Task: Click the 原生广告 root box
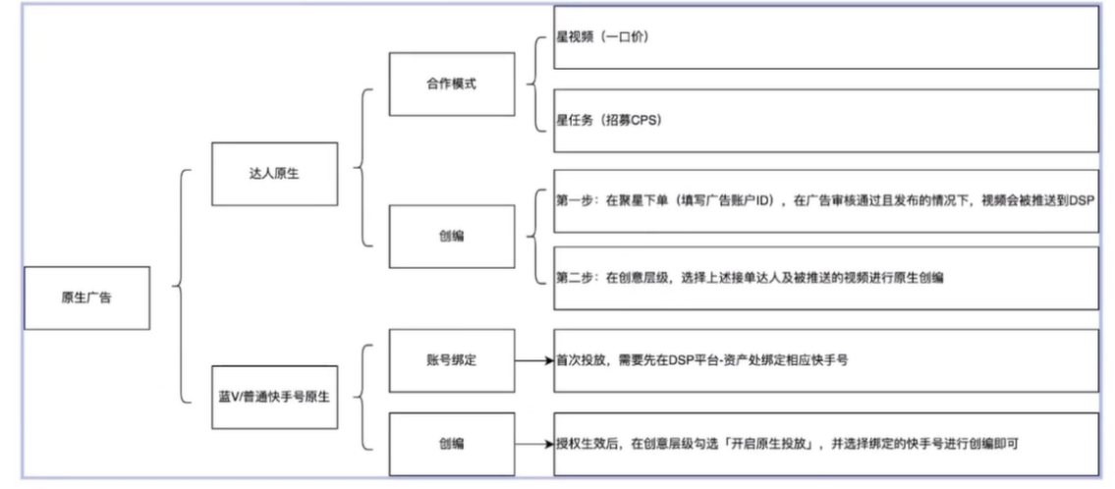point(86,298)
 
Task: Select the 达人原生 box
point(274,174)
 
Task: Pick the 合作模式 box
point(452,83)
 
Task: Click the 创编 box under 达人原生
point(452,237)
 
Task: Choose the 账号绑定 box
point(452,360)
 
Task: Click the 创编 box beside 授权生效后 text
point(452,444)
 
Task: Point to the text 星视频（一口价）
point(602,38)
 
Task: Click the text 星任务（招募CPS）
point(609,120)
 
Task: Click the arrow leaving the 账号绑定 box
point(534,361)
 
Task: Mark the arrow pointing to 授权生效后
point(534,445)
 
